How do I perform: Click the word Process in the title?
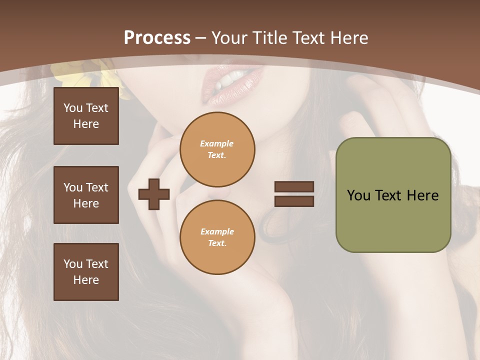(x=157, y=37)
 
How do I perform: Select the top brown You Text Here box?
(x=86, y=116)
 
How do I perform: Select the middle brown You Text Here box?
(x=86, y=195)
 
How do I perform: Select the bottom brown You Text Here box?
(x=86, y=272)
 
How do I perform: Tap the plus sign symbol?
(x=154, y=194)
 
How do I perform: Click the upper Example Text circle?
(x=217, y=149)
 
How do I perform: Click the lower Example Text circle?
(x=217, y=237)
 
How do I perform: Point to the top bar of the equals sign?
(x=294, y=186)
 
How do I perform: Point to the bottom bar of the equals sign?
(x=294, y=201)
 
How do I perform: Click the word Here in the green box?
(x=422, y=195)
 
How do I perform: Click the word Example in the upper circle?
(x=217, y=143)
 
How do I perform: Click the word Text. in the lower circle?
(x=217, y=243)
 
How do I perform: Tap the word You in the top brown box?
(x=73, y=108)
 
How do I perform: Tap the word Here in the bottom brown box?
(x=86, y=280)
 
